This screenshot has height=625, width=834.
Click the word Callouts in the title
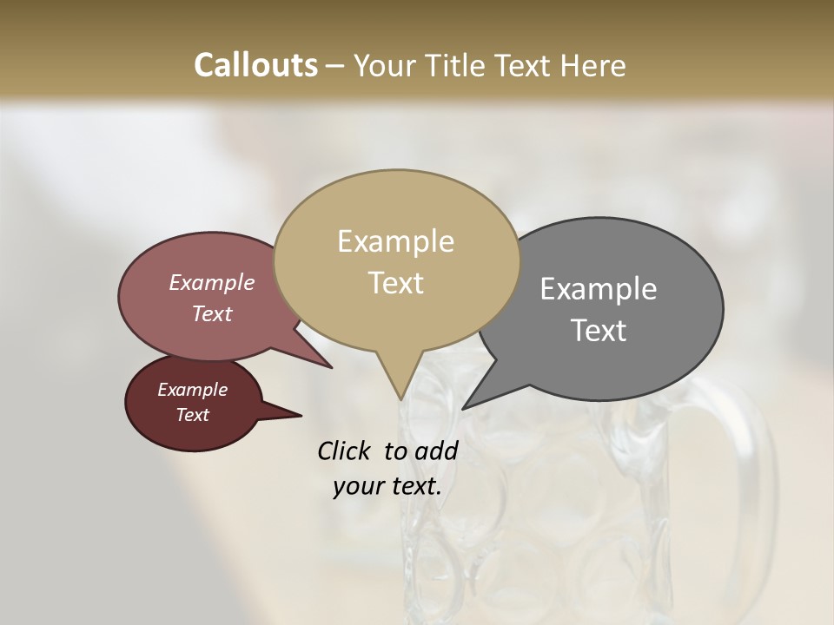coord(255,65)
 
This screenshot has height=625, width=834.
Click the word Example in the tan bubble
coord(395,241)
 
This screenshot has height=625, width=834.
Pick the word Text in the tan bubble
coord(395,283)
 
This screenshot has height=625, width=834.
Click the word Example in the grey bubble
coord(599,289)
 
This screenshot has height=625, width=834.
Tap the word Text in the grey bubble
coord(599,331)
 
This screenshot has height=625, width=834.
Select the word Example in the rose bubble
coord(212,282)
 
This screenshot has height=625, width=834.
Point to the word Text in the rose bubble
coord(212,313)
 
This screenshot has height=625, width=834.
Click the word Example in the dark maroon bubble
coord(192,390)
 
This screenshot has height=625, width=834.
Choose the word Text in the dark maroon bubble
coord(192,415)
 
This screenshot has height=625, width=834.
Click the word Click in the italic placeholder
coord(345,451)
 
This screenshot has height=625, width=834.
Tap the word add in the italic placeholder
coord(436,451)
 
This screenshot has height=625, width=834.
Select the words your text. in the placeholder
coord(387,486)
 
